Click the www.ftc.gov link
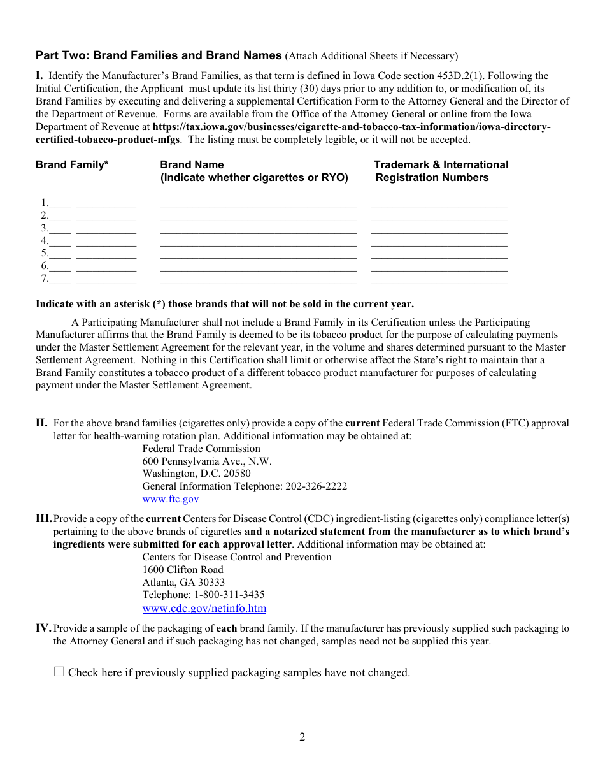point(171,499)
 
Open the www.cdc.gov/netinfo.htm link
point(204,608)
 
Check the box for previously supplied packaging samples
point(59,671)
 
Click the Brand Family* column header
point(72,165)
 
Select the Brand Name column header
point(192,165)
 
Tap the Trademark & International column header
point(441,165)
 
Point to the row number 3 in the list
point(45,228)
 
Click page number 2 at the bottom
point(302,737)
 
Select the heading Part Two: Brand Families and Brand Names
point(159,55)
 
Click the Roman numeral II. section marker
point(41,423)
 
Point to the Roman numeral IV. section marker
point(43,628)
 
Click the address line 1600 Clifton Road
point(183,569)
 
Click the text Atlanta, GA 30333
point(183,582)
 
